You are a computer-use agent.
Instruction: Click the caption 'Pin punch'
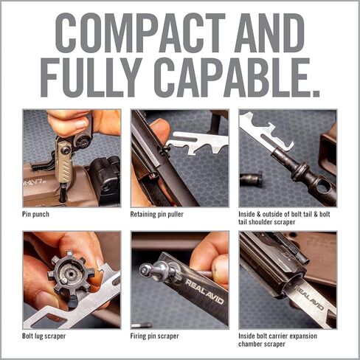point(39,215)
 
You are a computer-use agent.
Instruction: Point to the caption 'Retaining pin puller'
point(159,215)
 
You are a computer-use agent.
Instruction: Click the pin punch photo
point(71,158)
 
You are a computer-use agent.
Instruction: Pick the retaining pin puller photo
point(179,158)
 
